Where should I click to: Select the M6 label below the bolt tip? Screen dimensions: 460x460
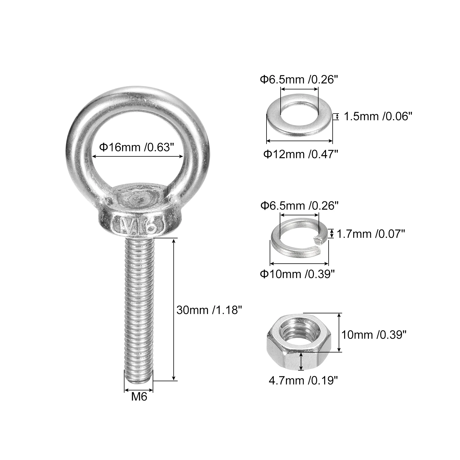coord(139,397)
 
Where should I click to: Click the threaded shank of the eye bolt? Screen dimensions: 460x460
coord(139,310)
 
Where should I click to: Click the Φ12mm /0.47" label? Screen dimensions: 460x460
coord(300,154)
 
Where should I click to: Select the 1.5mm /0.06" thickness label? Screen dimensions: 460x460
coord(378,116)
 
